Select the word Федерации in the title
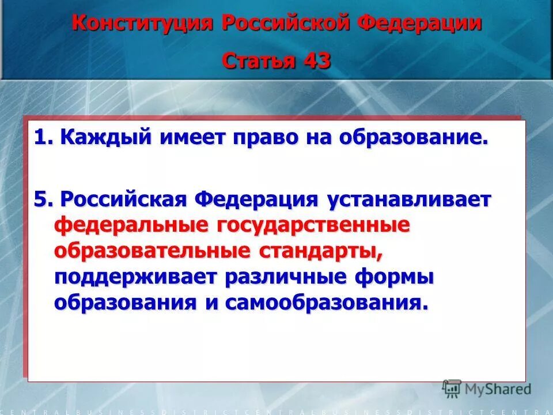[x=420, y=24]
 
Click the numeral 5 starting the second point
[x=39, y=199]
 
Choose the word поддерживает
[x=136, y=277]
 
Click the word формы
[x=395, y=277]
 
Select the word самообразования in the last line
[x=327, y=303]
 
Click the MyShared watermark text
[x=498, y=389]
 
